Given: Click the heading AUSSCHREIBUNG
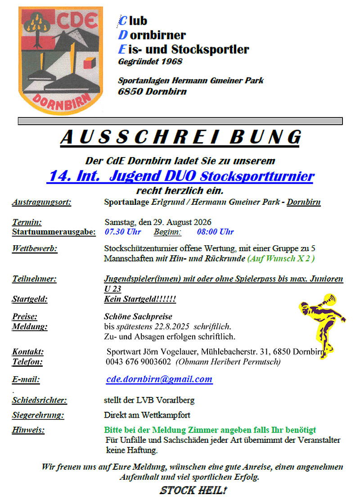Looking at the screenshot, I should coord(180,137).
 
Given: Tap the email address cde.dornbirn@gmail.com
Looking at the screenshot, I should coord(159,379).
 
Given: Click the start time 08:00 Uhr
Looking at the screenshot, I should coord(215,232).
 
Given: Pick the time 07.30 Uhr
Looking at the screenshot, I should coord(122,232).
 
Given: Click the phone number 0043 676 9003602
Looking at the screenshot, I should coord(138,362).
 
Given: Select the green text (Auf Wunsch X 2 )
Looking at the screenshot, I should coord(281,258).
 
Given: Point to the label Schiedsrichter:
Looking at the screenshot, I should coord(40,400).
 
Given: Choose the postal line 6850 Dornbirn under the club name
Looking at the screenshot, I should coord(152,92).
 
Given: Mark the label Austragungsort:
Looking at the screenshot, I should coord(41,202).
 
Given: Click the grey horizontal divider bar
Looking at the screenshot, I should coord(180,121).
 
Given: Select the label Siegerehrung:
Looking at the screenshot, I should coord(38,415).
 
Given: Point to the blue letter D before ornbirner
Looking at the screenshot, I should coord(122,35).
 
